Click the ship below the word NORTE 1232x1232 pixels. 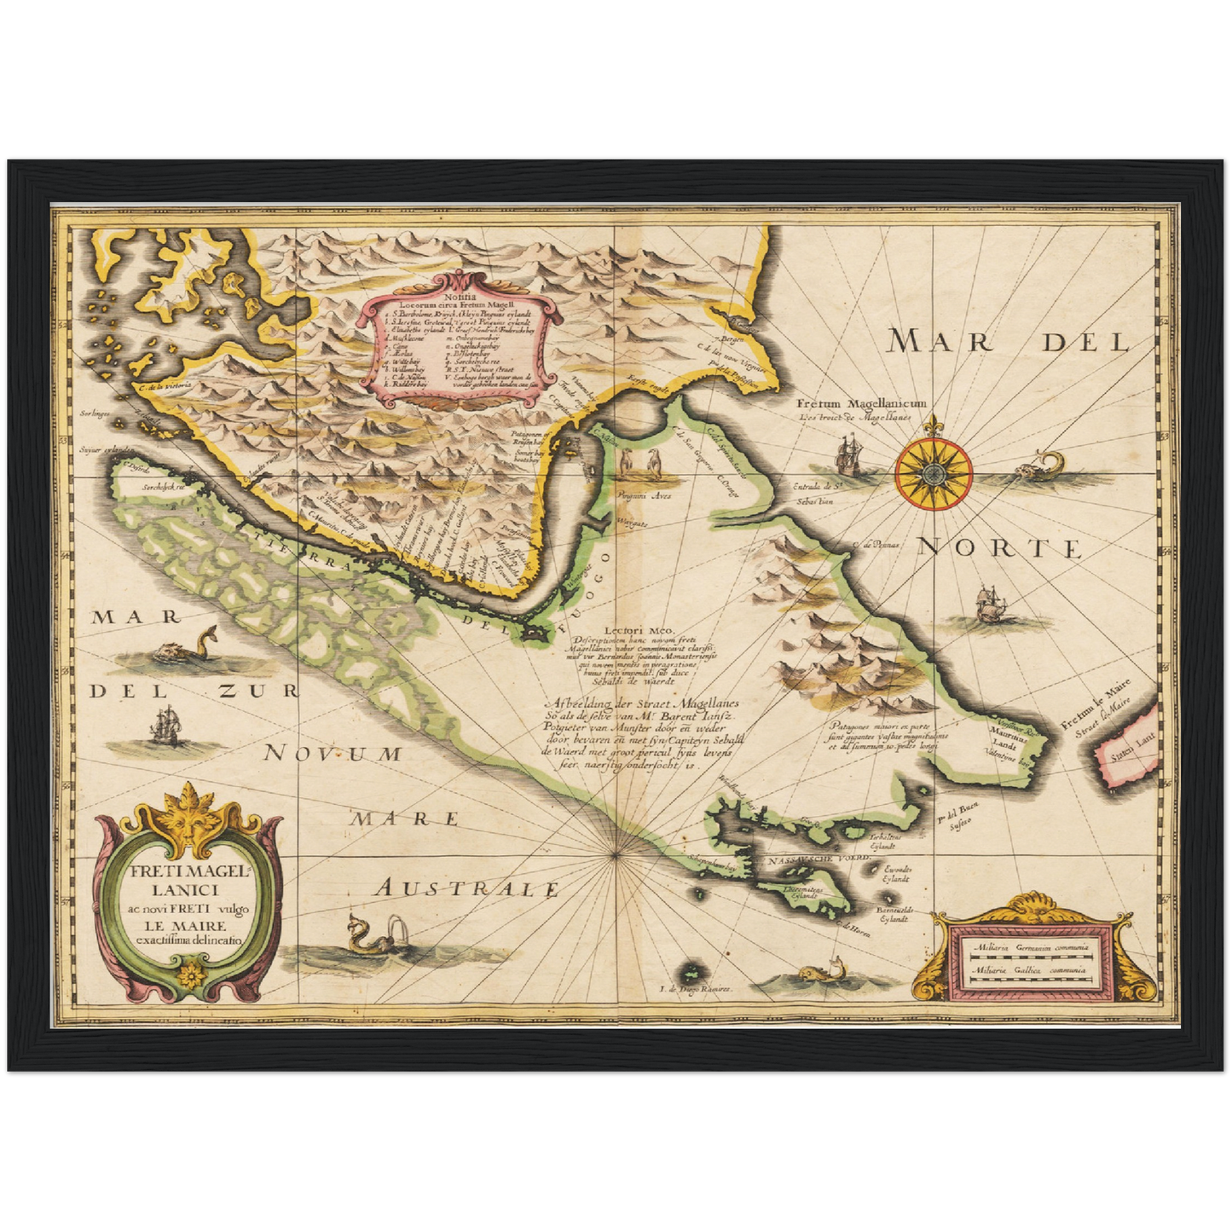coord(989,604)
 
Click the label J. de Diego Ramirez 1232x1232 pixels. coord(697,990)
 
